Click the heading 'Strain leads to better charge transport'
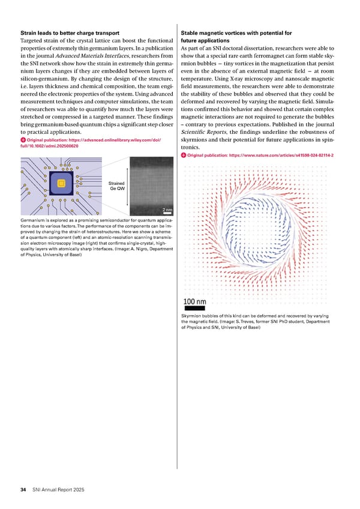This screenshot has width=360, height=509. click(69, 32)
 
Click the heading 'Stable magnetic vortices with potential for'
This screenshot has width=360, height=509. click(236, 32)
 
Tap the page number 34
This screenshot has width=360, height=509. click(22, 490)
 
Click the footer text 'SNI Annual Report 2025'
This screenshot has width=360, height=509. click(58, 490)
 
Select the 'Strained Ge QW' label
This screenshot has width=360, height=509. click(117, 186)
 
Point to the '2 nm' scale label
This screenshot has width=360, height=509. click(167, 209)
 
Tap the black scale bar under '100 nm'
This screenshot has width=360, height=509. click(193, 309)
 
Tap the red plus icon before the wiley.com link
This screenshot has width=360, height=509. click(23, 141)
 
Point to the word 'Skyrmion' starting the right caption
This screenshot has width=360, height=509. click(193, 316)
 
